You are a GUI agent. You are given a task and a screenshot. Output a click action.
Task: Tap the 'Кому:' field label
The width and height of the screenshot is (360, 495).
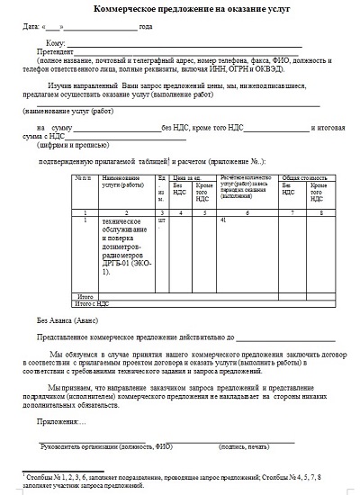tap(54, 42)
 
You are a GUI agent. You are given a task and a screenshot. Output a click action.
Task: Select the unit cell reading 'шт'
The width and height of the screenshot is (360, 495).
tap(162, 219)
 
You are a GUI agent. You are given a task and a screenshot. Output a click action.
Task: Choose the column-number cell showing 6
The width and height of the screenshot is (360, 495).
tap(246, 211)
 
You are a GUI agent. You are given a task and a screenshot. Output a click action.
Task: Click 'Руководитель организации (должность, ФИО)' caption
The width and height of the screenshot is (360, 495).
tap(106, 445)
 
